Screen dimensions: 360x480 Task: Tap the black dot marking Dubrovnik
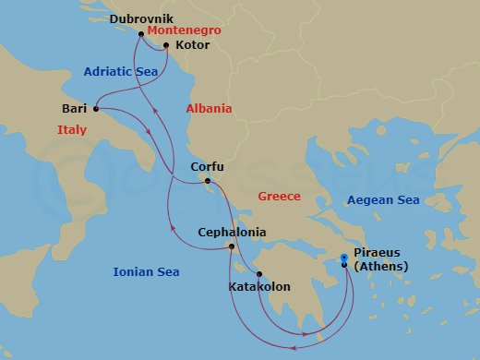(141, 34)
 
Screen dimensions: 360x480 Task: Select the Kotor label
(191, 43)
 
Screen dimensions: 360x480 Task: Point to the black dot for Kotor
(166, 43)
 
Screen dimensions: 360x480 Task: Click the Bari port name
(74, 109)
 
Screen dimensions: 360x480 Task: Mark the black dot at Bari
(96, 109)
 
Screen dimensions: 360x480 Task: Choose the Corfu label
(207, 167)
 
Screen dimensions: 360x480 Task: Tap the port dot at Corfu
(208, 180)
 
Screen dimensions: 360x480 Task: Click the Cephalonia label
(233, 233)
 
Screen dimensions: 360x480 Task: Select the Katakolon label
(258, 287)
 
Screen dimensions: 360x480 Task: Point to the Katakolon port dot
(259, 274)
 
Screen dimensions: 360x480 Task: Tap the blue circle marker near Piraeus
(344, 258)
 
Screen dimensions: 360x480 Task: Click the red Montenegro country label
(183, 30)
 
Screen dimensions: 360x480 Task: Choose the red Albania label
(209, 109)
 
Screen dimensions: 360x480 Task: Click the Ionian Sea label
(146, 272)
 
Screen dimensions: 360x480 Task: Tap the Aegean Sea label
(382, 200)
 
